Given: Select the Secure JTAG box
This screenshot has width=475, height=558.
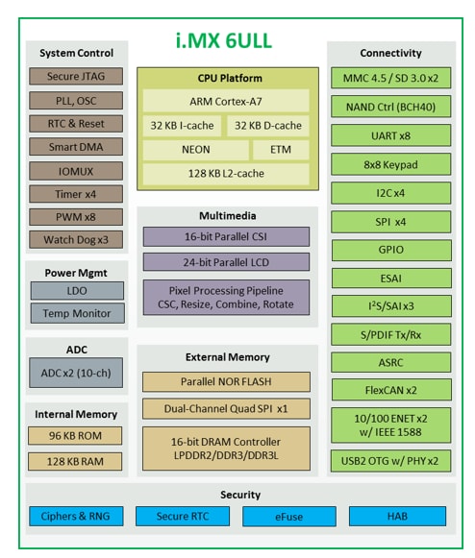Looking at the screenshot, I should [76, 77].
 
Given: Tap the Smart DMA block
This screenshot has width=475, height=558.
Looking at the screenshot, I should [76, 147].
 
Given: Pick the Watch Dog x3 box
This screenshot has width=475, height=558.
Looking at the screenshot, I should [76, 240].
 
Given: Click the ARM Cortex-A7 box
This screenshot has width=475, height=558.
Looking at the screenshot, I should [226, 101].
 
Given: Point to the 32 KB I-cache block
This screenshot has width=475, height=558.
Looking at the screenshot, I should [182, 125].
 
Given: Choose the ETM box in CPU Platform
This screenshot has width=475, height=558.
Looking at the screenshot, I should [280, 150].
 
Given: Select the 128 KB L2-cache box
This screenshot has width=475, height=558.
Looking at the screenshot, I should [226, 174].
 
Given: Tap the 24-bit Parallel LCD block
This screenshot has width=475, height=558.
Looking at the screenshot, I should [226, 261].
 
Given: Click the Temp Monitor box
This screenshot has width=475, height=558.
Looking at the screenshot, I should [76, 313].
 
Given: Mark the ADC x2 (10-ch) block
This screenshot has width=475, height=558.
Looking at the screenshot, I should [76, 373].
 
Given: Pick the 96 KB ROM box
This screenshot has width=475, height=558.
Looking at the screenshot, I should [76, 435].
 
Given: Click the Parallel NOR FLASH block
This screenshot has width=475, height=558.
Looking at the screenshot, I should [226, 381].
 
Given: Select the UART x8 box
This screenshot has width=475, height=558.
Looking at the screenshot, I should [390, 135].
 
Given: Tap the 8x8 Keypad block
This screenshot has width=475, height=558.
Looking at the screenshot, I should [390, 164].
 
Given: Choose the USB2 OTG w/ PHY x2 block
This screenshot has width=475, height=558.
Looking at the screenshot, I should [390, 461].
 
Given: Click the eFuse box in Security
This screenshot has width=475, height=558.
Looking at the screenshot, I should [288, 517].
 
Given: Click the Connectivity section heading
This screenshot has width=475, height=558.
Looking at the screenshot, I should [390, 54].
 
